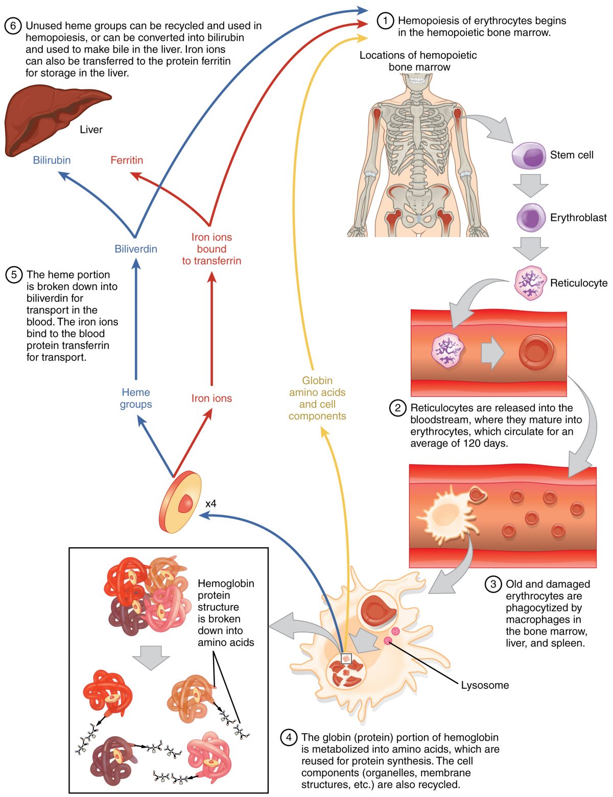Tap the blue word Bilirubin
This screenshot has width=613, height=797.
pos(52,160)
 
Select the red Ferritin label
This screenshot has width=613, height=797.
pos(127,160)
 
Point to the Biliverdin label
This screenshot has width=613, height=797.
pos(136,249)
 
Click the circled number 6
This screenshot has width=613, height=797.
pos(13,26)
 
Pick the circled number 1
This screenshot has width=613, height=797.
pos(385,20)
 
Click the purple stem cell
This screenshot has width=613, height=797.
pos(528,155)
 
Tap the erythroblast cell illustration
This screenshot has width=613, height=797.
pos(530,218)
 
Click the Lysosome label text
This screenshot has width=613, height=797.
pos(484,685)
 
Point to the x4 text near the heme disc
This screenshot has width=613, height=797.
pos(210,504)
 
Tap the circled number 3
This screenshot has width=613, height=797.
pos(493,584)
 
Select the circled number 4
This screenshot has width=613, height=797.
pos(289,737)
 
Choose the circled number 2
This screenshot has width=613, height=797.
pos(397,408)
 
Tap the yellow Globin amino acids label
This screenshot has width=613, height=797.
pos(317,398)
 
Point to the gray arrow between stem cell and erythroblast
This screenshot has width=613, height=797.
pos(530,185)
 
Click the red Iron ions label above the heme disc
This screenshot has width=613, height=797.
pos(211,398)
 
